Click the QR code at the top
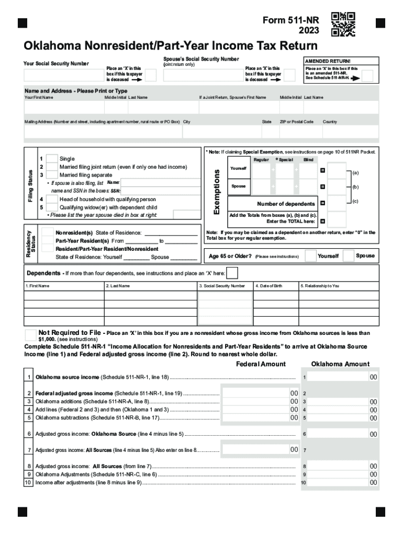click(343, 24)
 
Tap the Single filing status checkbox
click(52, 159)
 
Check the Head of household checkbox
click(52, 199)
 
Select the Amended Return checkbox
click(367, 76)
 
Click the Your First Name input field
click(63, 108)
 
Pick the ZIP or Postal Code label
click(296, 122)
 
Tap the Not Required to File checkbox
click(31, 334)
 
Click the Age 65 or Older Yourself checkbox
click(310, 256)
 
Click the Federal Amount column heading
click(261, 364)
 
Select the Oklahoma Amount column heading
click(340, 364)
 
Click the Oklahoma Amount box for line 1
click(340, 377)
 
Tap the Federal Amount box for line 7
click(259, 449)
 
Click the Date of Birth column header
click(269, 286)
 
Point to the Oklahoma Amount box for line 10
click(340, 483)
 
